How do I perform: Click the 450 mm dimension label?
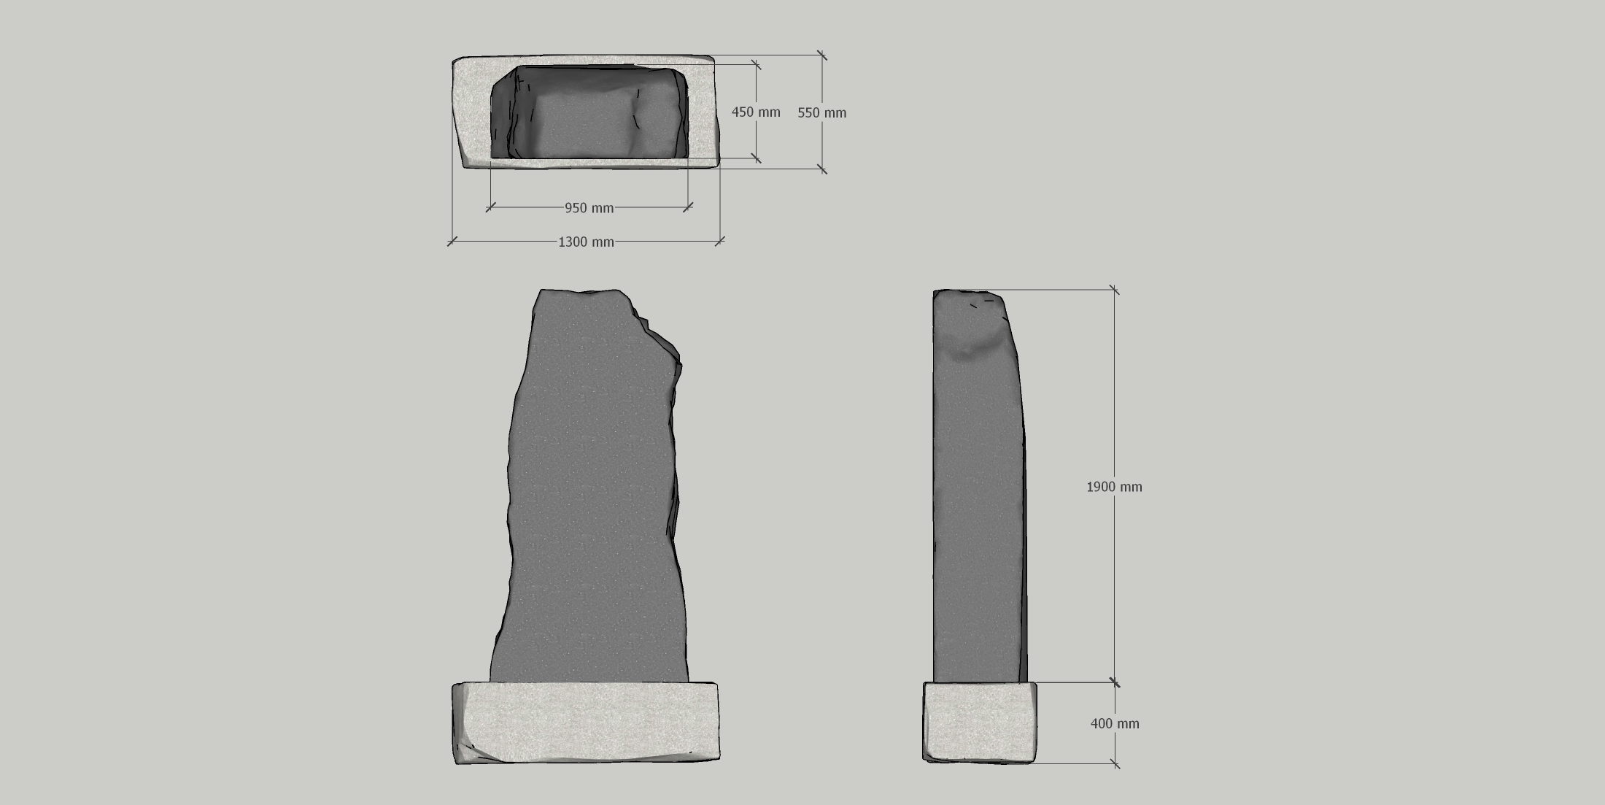coord(756,112)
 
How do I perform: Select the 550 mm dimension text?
coord(822,112)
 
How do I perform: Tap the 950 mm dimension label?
coord(589,208)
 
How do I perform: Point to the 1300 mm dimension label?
coord(586,242)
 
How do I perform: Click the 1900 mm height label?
coord(1114,487)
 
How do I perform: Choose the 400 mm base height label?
coord(1115,723)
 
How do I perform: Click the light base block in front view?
coord(586,723)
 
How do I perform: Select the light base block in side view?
coord(980,723)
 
